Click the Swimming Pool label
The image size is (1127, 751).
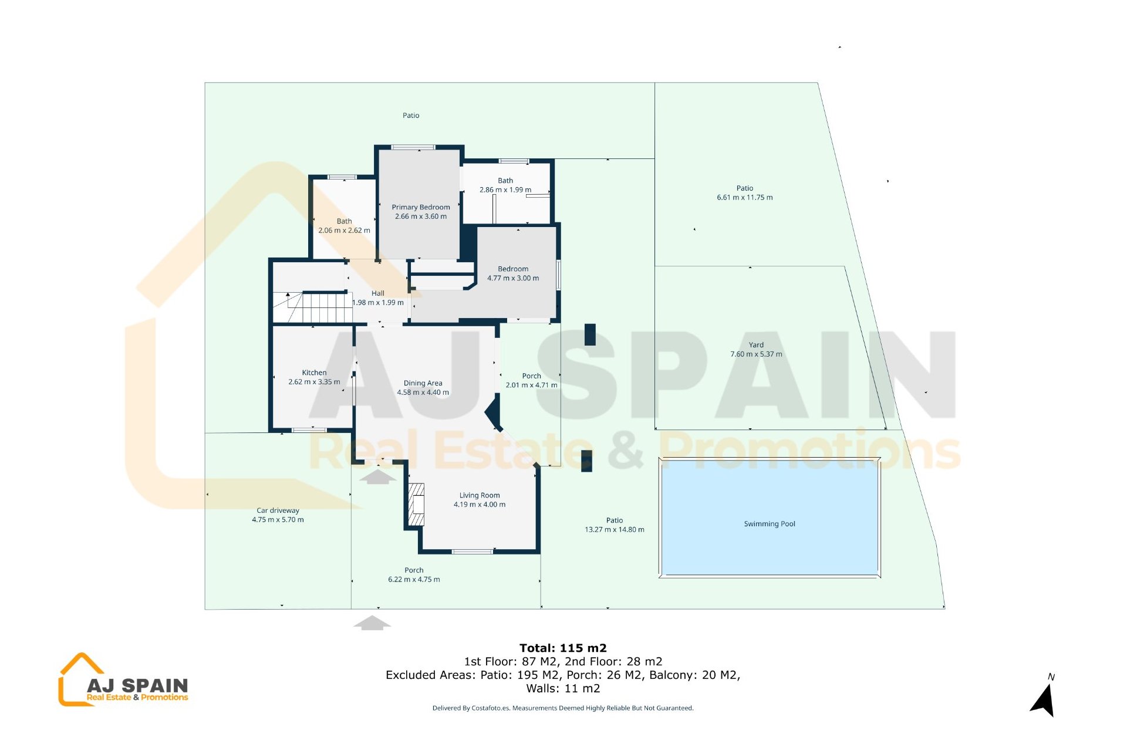pyautogui.click(x=769, y=524)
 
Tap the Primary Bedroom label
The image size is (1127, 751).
pyautogui.click(x=421, y=207)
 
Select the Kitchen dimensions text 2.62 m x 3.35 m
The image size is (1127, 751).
pyautogui.click(x=314, y=382)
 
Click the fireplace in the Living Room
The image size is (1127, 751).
pyautogui.click(x=417, y=504)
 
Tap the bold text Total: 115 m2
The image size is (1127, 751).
pyautogui.click(x=563, y=648)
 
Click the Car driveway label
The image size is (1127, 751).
pyautogui.click(x=278, y=510)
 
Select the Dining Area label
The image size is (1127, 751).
pyautogui.click(x=423, y=383)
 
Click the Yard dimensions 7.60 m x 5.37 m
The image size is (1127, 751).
pyautogui.click(x=756, y=354)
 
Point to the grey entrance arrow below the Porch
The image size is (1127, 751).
pyautogui.click(x=372, y=623)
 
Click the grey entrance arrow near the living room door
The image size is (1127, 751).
pyautogui.click(x=378, y=476)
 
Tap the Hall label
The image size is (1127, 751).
pyautogui.click(x=378, y=293)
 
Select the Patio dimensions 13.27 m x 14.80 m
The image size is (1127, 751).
pyautogui.click(x=614, y=530)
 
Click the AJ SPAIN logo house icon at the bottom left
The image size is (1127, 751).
pyautogui.click(x=80, y=679)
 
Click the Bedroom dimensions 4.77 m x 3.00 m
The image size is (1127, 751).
pyautogui.click(x=513, y=279)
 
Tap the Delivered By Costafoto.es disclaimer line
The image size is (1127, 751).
pyautogui.click(x=563, y=708)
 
